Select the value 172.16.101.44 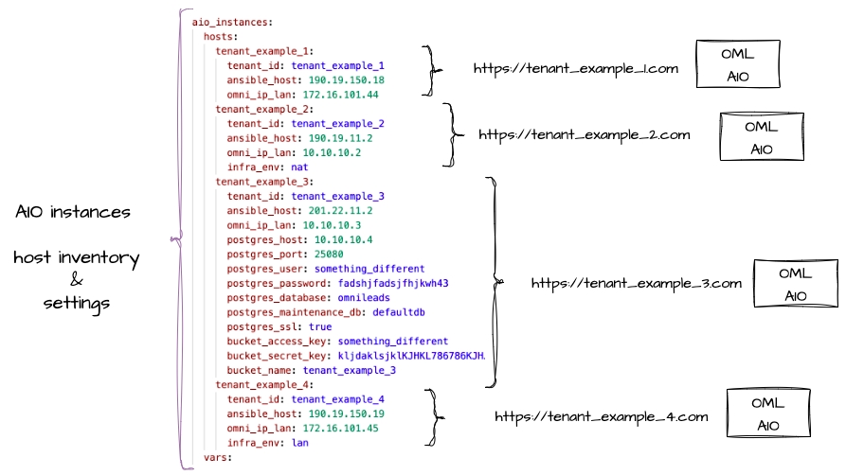(x=341, y=95)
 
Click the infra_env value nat (x=299, y=167)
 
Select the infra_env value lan (x=299, y=442)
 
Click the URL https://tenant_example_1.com (x=576, y=69)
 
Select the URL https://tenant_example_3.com (x=635, y=283)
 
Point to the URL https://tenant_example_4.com (x=601, y=416)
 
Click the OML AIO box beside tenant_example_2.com (x=762, y=137)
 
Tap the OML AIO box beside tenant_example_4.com (x=767, y=413)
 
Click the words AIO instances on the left (x=73, y=213)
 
